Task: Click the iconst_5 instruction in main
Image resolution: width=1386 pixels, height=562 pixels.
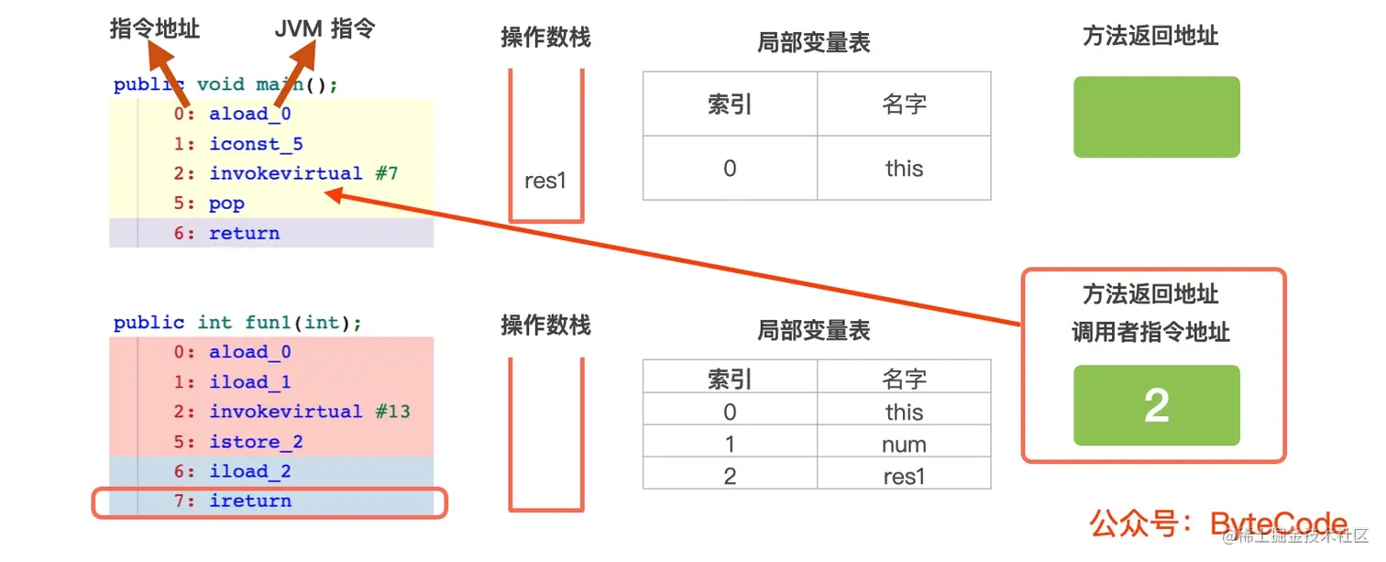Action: (x=256, y=144)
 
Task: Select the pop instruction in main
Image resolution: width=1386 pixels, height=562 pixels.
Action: (x=226, y=204)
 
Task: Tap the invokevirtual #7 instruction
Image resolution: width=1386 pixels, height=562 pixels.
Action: (x=303, y=173)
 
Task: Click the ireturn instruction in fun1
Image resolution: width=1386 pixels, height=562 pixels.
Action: (x=249, y=501)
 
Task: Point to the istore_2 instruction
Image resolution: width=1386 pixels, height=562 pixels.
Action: (x=256, y=442)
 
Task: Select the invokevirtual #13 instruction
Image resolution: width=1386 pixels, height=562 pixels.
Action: (x=309, y=412)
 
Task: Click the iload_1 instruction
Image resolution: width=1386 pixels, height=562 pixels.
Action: (x=249, y=382)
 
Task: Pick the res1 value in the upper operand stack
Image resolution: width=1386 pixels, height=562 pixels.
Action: (x=545, y=181)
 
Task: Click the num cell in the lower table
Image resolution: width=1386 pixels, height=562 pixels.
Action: (x=904, y=445)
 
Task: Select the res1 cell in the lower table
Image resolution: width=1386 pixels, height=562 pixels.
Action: (x=904, y=477)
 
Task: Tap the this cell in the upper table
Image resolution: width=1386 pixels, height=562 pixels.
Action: (x=904, y=169)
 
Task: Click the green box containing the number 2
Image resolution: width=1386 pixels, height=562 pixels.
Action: (x=1156, y=405)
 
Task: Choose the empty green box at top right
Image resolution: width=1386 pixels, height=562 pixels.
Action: (x=1156, y=116)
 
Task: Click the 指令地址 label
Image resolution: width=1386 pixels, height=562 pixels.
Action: (x=154, y=29)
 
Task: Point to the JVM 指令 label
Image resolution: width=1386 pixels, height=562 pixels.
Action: (x=324, y=29)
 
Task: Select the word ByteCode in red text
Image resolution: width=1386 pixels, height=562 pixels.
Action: (x=1279, y=524)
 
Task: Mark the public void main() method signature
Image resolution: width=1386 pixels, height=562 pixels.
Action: (x=225, y=84)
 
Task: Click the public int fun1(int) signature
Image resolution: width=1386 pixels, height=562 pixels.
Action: (x=237, y=323)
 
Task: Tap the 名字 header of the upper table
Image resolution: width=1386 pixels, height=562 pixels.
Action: (x=904, y=105)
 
